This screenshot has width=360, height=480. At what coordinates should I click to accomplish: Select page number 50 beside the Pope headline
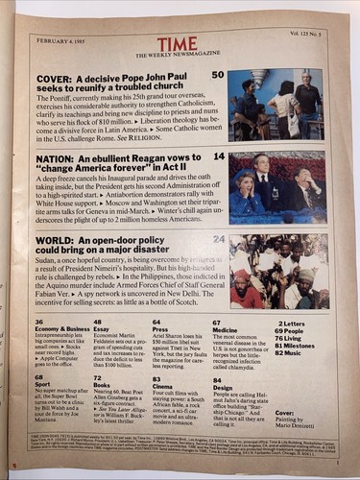tap(218, 74)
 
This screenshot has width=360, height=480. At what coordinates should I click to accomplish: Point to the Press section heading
tap(162, 328)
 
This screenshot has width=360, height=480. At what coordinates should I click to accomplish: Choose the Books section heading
tap(104, 384)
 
